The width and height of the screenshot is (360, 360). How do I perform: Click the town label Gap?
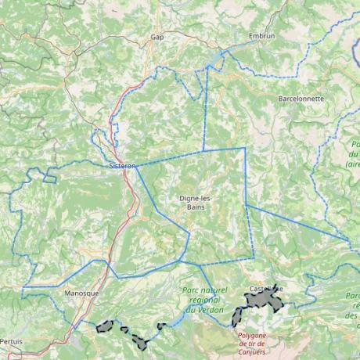pos(157,37)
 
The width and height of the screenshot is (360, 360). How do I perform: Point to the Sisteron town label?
pos(123,166)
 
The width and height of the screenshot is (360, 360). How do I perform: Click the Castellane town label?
pos(263,289)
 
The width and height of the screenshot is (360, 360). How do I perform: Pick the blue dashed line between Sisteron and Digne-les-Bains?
pos(168,159)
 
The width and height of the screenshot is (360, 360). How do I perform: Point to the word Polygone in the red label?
pos(251,337)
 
